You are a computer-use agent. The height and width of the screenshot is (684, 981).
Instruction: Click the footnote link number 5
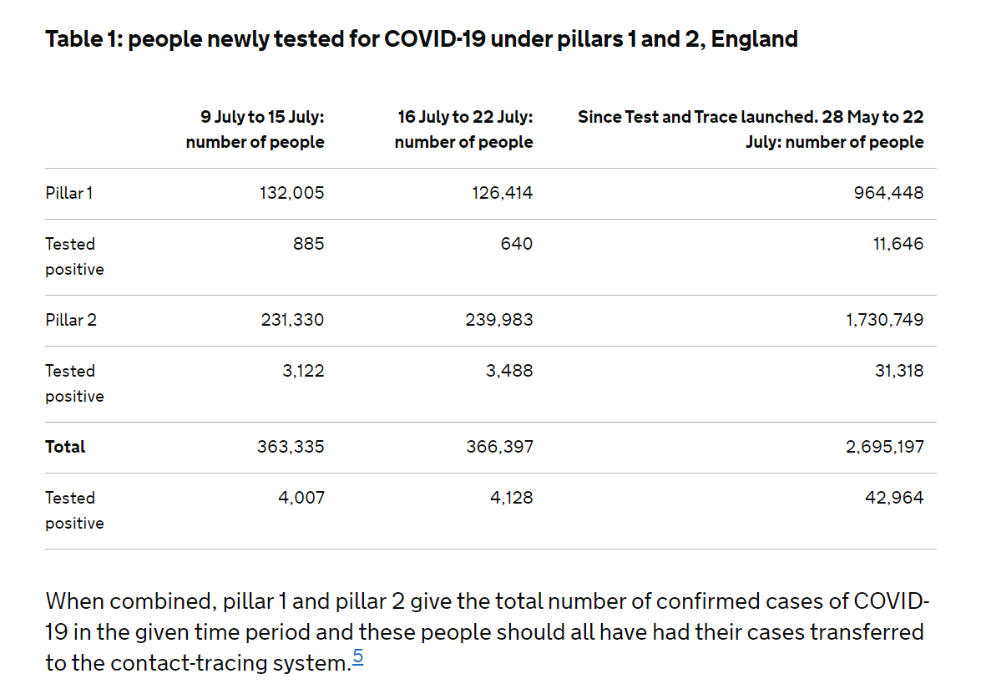click(357, 657)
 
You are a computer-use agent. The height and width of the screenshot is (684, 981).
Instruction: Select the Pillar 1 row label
click(69, 193)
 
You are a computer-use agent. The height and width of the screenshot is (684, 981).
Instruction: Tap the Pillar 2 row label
click(71, 320)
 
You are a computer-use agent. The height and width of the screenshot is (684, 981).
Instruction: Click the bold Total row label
click(65, 447)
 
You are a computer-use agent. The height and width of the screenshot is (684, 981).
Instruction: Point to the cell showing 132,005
click(291, 193)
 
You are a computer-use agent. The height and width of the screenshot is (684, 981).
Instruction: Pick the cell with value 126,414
click(499, 193)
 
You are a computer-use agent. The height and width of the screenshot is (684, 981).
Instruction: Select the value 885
click(309, 244)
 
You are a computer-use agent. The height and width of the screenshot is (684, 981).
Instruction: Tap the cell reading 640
click(518, 244)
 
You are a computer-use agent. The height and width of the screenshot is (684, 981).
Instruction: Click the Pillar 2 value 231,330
click(291, 320)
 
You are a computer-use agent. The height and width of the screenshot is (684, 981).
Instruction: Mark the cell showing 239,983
click(499, 320)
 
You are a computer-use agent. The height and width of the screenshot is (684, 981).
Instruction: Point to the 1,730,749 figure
click(884, 320)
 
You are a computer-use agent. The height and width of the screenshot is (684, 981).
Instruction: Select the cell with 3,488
click(509, 371)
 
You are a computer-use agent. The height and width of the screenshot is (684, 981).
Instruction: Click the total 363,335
click(291, 447)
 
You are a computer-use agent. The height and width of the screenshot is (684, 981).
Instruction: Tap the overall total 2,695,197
click(884, 447)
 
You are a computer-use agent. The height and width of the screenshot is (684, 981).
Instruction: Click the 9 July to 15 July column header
click(255, 129)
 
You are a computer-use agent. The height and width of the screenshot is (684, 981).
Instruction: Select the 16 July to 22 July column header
click(464, 129)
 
